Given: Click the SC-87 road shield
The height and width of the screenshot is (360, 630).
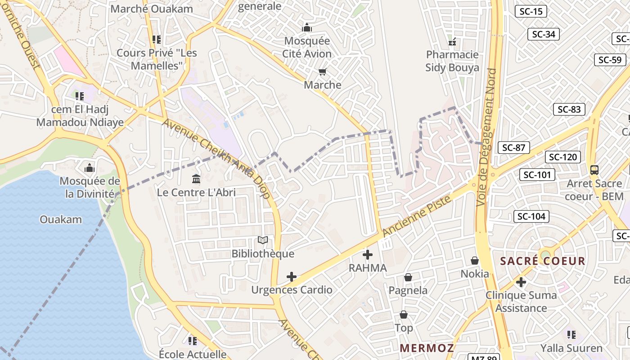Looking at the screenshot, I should tap(513, 148).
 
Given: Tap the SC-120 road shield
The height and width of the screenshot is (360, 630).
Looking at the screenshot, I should tap(563, 157).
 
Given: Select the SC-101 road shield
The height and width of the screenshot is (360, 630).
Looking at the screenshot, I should tap(537, 175).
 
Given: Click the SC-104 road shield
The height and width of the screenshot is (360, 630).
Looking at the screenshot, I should tap(531, 216).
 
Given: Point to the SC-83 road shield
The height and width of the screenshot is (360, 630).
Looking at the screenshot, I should tap(569, 109).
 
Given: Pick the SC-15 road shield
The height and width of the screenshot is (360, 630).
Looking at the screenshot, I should tap(531, 12).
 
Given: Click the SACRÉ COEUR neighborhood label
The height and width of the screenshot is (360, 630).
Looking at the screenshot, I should tap(543, 261).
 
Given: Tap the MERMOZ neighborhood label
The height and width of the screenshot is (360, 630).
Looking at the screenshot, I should tap(427, 348).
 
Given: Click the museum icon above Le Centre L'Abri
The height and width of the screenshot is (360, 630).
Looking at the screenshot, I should tap(196, 180).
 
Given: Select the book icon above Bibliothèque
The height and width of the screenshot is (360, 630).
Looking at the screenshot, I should tap(263, 241).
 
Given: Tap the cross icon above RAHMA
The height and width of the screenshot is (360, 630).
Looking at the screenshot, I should tap(368, 255).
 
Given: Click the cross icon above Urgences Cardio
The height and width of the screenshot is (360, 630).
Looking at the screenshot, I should tap(292, 276).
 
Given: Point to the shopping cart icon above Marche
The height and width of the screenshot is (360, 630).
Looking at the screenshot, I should tap(322, 72).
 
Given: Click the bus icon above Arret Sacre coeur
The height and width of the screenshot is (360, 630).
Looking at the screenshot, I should tap(594, 170).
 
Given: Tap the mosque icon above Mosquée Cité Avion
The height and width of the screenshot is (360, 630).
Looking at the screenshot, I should tap(307, 27).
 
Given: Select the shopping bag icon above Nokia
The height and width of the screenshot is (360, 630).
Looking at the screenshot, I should tap(474, 261).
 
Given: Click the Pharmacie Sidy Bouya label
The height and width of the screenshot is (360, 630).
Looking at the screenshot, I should tap(452, 61).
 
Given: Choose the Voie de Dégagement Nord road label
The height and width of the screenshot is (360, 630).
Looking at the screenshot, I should tap(487, 137).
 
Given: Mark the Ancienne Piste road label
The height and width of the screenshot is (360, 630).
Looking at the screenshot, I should tap(417, 216).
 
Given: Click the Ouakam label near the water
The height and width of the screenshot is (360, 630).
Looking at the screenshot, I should tap(61, 220).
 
